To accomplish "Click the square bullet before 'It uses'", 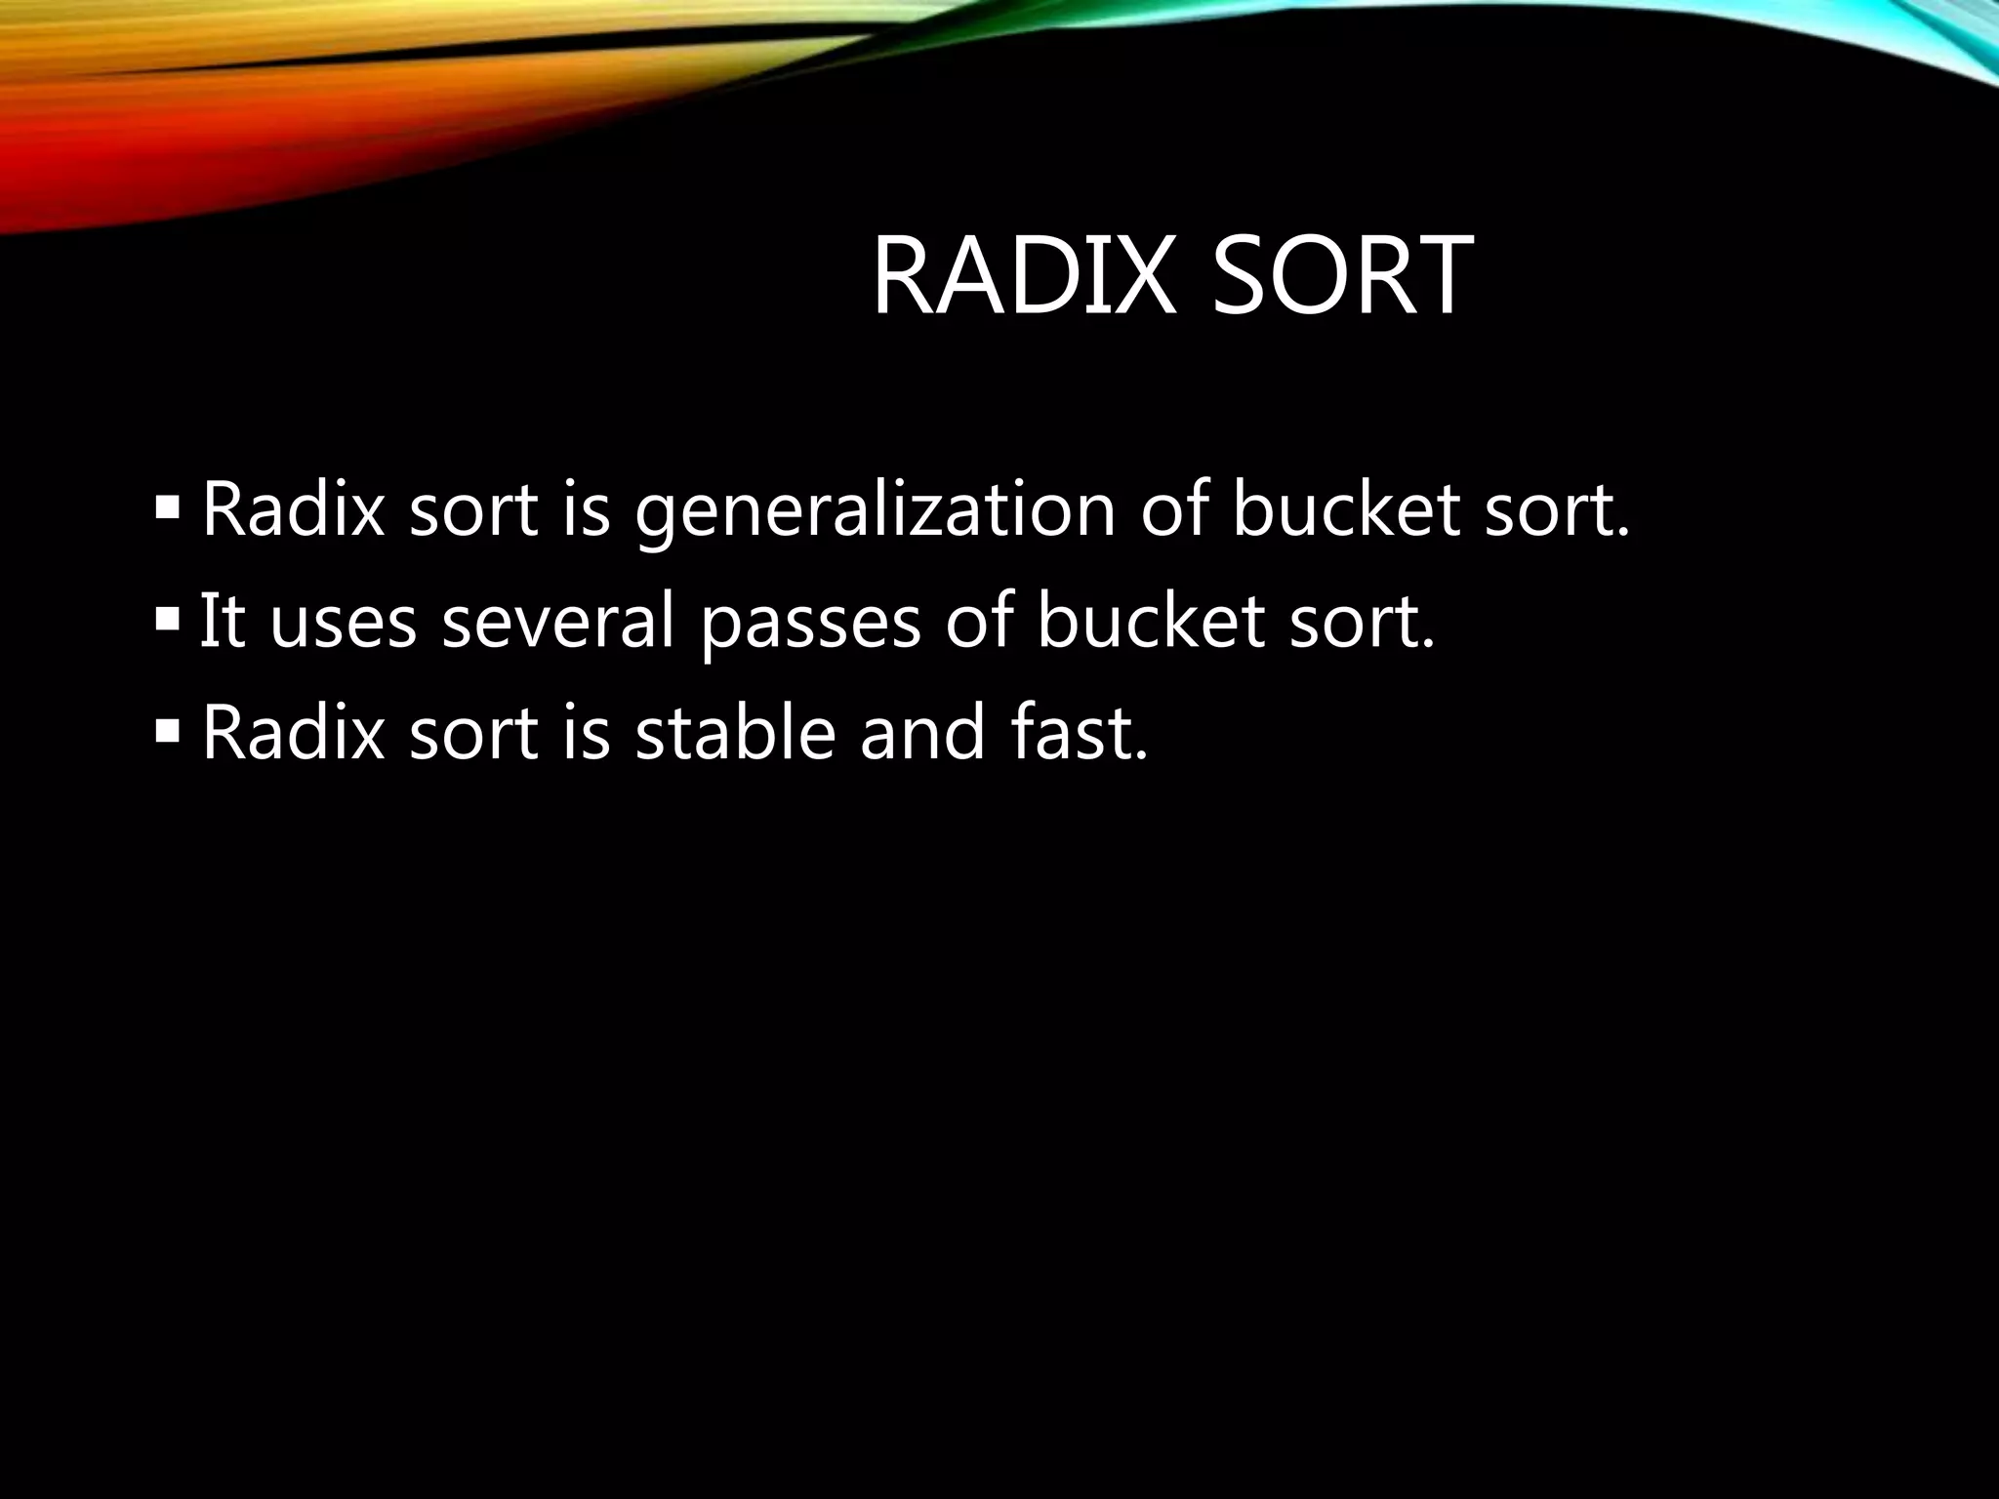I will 167,619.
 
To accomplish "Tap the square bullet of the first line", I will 167,507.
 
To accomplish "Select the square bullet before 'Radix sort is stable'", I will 167,729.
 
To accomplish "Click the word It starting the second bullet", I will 221,622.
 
